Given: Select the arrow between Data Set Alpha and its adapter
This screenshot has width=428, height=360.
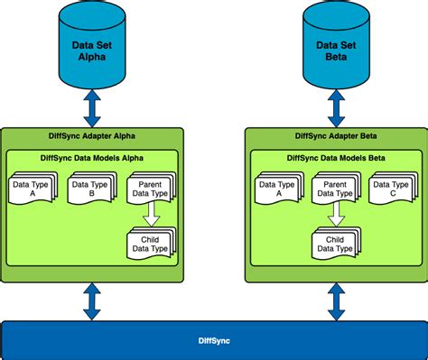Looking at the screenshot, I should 93,108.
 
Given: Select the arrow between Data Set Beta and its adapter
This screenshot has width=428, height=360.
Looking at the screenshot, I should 335,108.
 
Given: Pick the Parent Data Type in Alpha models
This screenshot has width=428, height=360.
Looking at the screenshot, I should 150,189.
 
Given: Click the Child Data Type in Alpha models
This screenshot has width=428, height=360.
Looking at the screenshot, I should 150,242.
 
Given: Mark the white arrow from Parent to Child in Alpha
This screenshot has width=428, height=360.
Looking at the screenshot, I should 151,216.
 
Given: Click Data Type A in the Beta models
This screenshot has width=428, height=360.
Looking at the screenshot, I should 277,189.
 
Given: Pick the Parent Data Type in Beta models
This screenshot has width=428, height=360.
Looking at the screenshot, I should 335,189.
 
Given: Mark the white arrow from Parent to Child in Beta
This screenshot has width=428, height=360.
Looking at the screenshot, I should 335,216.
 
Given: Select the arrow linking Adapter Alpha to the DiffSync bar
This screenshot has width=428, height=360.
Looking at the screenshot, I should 93,300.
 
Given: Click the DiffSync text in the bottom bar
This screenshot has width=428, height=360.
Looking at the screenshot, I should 213,340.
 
